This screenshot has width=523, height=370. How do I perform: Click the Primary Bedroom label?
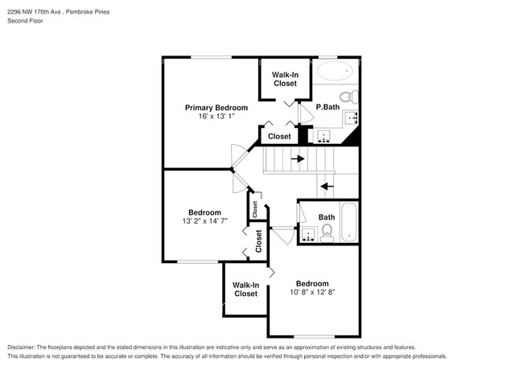point(216,108)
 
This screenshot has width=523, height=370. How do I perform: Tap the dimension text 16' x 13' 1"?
point(216,117)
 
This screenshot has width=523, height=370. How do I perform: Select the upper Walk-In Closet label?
point(285,79)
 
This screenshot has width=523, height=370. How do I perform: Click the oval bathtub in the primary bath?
point(335,71)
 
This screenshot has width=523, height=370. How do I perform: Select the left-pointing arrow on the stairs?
point(326,186)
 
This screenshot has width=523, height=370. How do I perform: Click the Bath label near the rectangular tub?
point(326,217)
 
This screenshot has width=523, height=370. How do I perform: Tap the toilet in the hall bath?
point(327,233)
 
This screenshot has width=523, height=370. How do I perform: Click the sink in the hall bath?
point(309,235)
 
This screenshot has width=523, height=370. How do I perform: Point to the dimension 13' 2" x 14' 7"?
point(204,222)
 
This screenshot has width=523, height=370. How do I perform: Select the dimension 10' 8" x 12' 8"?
point(311,293)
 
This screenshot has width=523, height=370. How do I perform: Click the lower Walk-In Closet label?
point(245,290)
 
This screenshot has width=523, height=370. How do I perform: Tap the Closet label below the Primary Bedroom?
point(279,137)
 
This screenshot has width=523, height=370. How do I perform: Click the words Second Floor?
point(25,21)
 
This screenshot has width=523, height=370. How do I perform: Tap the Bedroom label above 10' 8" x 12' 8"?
point(311,283)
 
